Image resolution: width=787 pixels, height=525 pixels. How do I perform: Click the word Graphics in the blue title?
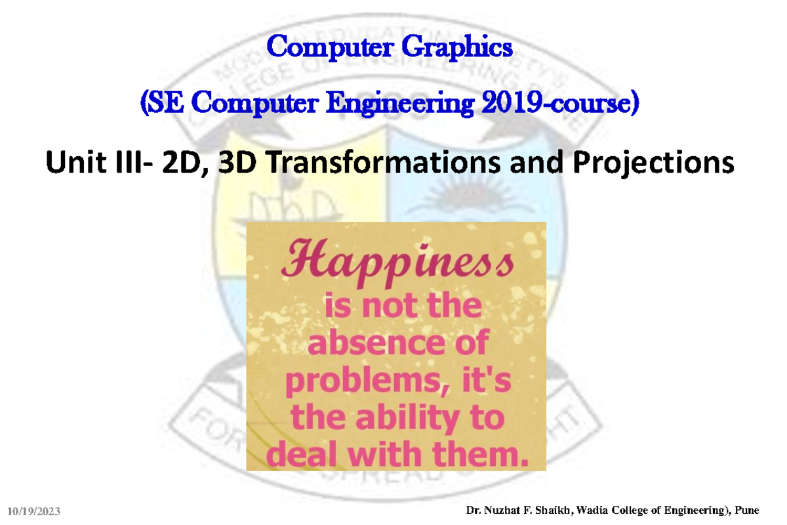(457, 47)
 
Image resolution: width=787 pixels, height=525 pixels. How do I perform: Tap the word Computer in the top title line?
(330, 47)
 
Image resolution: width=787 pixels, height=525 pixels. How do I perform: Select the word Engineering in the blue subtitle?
(400, 103)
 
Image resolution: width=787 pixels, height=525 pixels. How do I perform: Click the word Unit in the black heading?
(76, 162)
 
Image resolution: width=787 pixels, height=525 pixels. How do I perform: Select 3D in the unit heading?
(237, 162)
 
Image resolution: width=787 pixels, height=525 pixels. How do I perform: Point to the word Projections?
(654, 163)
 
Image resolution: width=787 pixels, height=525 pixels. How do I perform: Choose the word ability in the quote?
(408, 418)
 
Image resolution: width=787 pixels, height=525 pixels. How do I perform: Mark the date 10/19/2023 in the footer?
(33, 511)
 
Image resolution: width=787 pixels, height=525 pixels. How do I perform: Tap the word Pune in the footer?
(747, 510)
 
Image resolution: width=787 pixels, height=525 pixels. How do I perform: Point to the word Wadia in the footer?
(591, 510)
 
